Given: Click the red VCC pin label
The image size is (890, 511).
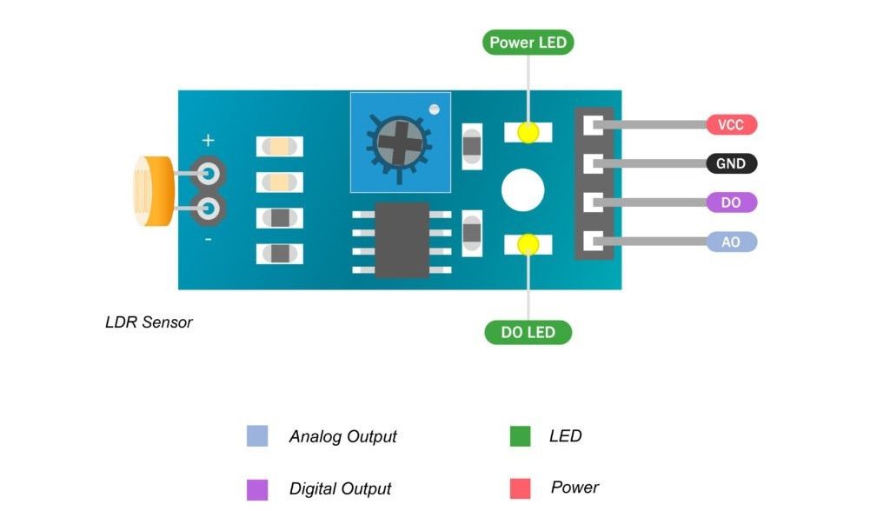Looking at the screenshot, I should (731, 124).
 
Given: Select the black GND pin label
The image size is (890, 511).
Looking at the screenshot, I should (731, 163).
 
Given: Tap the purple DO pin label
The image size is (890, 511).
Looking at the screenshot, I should (731, 202).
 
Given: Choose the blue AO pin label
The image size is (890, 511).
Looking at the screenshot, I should (731, 242).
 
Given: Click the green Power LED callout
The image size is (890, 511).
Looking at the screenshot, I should (528, 43).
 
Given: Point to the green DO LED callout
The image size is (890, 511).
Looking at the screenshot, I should (528, 332).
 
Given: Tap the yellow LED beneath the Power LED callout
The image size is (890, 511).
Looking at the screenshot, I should (528, 132).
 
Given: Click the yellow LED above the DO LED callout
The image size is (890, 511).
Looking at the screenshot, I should (528, 245).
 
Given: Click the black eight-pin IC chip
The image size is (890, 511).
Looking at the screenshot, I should (402, 239).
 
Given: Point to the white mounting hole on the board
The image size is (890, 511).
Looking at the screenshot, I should (522, 189).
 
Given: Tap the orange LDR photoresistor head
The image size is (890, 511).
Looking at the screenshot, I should (150, 191).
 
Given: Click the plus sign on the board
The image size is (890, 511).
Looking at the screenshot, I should (208, 140).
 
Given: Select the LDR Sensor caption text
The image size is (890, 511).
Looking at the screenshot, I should (149, 322).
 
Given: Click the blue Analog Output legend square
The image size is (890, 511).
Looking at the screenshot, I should (257, 436).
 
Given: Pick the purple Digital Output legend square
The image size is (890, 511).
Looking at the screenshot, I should (257, 489).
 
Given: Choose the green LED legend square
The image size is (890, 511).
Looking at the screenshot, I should (520, 436).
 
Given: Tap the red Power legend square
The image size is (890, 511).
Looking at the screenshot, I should (520, 488).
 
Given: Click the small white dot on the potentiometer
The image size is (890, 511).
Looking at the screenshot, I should (435, 109).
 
